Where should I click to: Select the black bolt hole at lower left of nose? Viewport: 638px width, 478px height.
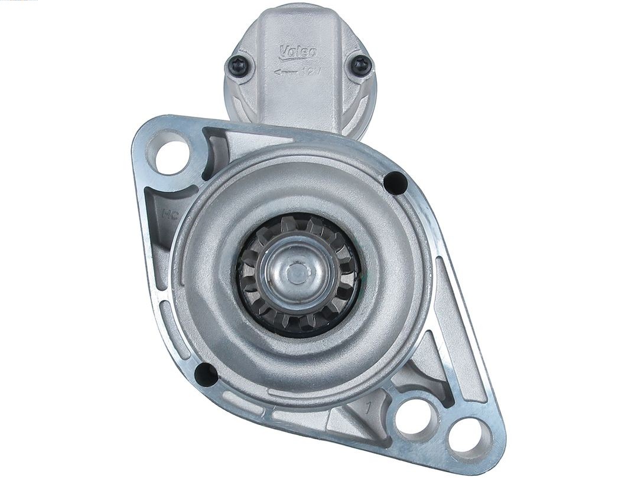point(206,373)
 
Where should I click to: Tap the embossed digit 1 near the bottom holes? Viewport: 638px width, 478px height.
point(369,407)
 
